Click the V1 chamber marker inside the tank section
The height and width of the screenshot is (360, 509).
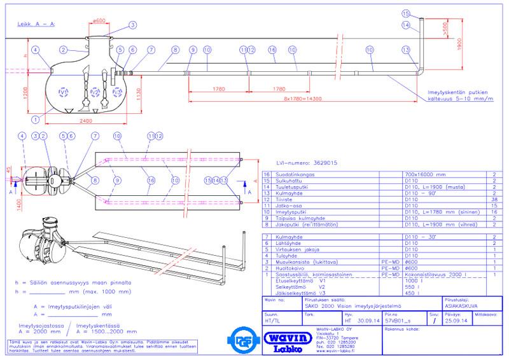62,93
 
